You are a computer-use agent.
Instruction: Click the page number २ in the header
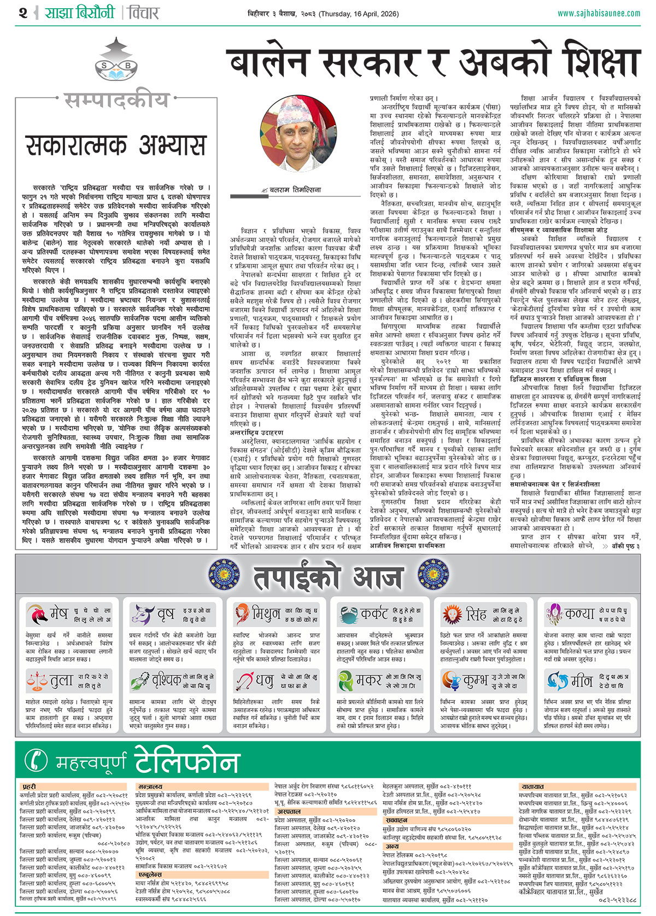point(22,13)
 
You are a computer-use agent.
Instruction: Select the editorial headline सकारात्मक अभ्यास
point(115,145)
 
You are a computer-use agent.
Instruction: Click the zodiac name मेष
point(58,614)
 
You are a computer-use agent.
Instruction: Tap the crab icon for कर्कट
point(347,615)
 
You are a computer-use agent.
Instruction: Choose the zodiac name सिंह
point(476,614)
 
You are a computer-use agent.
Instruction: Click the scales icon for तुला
point(36,681)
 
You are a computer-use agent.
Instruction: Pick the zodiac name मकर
point(369,680)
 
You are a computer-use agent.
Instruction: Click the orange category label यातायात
point(532,786)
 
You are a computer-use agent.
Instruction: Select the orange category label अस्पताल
point(289,812)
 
